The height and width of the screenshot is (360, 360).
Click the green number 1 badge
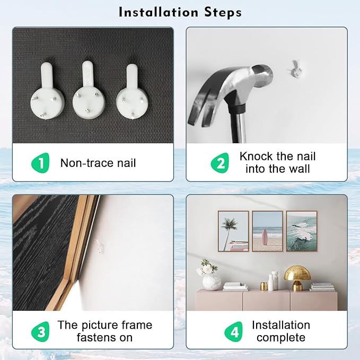(40, 163)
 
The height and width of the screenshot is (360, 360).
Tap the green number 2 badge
(220, 163)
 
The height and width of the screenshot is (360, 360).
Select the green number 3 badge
(40, 331)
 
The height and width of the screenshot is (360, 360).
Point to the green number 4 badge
(233, 331)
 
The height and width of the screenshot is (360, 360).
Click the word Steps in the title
(223, 12)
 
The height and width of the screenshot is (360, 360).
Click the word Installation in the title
(159, 12)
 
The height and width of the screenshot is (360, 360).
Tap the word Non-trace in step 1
(87, 163)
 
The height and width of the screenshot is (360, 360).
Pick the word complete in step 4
(281, 338)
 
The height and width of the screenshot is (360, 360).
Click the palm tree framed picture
(233, 231)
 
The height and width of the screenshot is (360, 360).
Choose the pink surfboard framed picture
(267, 231)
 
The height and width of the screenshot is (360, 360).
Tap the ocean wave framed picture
(302, 231)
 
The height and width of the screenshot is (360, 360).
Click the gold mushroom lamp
(297, 278)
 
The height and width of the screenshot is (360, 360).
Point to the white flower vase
(210, 282)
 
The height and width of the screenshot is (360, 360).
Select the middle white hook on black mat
(89, 92)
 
